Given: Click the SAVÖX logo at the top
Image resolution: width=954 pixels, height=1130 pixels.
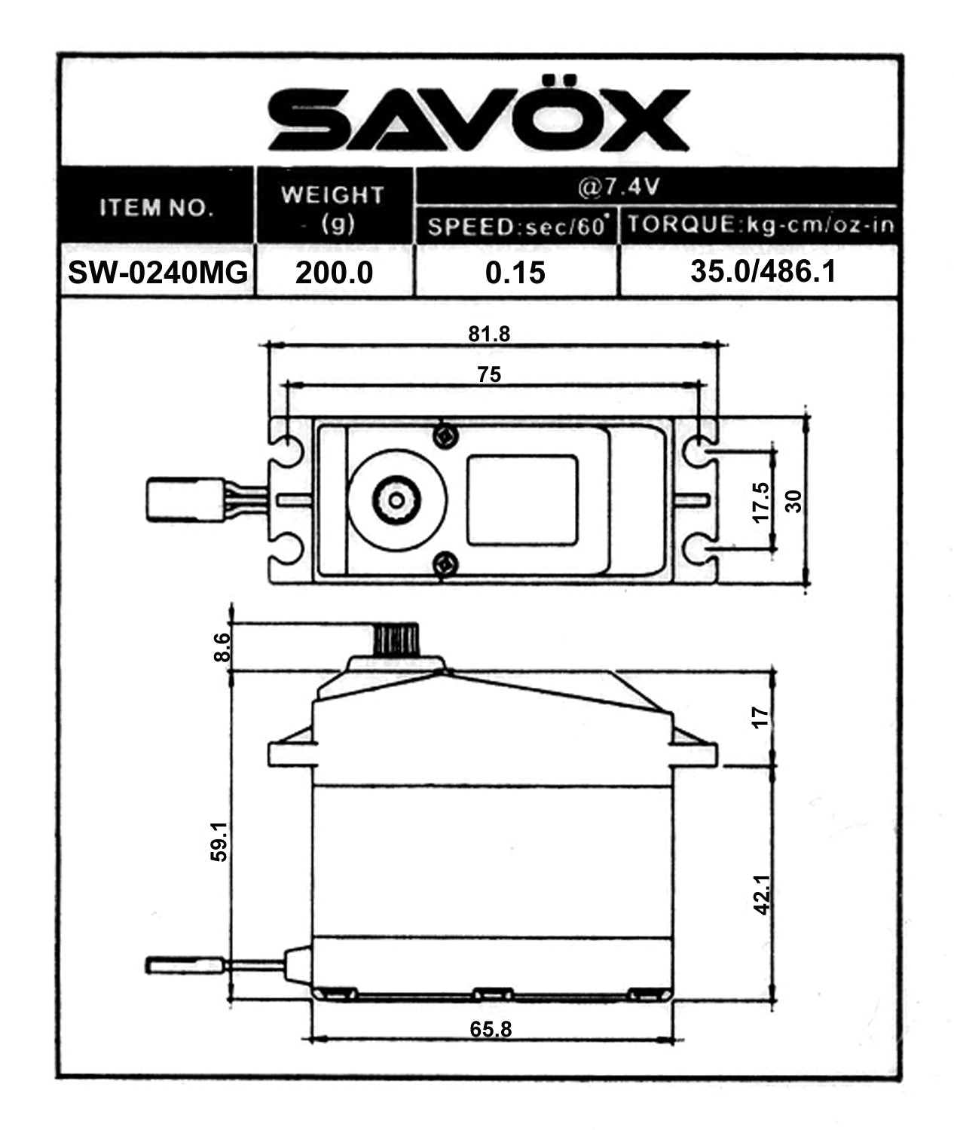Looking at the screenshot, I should (x=479, y=120).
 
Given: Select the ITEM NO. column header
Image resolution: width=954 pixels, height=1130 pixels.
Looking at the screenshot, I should (x=157, y=207).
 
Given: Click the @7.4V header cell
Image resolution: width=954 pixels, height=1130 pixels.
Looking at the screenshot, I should (x=618, y=186).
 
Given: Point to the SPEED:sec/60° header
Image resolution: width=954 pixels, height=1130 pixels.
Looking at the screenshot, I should (x=517, y=227).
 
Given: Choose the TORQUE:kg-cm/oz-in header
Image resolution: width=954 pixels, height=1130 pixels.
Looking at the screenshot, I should (x=760, y=225).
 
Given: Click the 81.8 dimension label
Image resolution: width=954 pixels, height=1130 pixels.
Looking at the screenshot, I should (x=489, y=334).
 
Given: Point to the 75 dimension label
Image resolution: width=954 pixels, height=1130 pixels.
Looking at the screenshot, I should (x=489, y=374).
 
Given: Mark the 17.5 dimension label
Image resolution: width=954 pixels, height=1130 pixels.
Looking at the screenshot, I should (x=761, y=502).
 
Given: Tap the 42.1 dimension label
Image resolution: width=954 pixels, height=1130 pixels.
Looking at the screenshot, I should (x=762, y=894).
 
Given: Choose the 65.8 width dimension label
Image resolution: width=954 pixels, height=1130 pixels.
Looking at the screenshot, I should (x=491, y=1029).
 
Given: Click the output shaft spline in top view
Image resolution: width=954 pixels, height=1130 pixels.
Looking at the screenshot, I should (x=396, y=499).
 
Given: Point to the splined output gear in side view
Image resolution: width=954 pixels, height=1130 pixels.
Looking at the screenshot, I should (x=395, y=640).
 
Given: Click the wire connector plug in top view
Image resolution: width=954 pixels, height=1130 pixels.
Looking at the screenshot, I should (x=184, y=499).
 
